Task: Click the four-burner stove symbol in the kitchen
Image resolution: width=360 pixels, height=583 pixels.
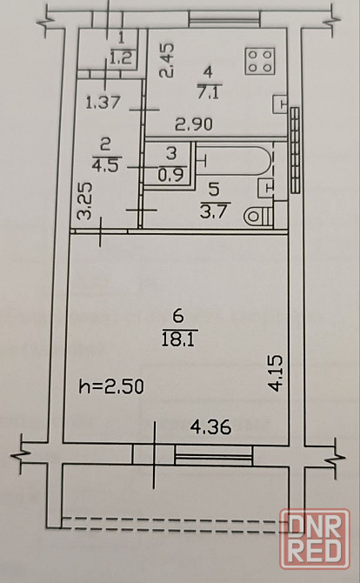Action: click(260, 61)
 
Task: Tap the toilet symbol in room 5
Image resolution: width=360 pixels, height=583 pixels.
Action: click(258, 216)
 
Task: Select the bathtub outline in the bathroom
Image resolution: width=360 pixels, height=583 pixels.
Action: click(235, 160)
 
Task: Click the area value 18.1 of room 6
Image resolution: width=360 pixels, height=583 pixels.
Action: click(178, 340)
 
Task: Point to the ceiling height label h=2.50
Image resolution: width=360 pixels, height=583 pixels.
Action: click(111, 386)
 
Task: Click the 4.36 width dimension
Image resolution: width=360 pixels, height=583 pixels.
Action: click(210, 427)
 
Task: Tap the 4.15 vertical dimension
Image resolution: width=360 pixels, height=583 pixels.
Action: click(277, 373)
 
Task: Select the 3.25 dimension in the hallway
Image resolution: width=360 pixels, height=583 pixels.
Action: click(84, 201)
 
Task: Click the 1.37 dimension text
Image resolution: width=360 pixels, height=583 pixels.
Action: click(103, 103)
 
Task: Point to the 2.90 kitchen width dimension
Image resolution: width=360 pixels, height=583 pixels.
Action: click(194, 124)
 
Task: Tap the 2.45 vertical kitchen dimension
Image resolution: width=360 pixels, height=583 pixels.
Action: click(166, 60)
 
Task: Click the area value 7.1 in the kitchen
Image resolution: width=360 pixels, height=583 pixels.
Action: click(208, 92)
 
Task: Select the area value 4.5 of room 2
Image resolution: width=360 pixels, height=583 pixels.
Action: click(105, 164)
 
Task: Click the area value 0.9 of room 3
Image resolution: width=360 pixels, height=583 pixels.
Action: click(170, 175)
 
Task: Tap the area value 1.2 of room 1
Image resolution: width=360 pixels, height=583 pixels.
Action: click(122, 57)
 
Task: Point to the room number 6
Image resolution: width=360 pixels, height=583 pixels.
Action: click(178, 317)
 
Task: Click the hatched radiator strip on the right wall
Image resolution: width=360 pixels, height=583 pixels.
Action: click(295, 151)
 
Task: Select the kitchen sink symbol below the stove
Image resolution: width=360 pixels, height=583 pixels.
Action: click(280, 104)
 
